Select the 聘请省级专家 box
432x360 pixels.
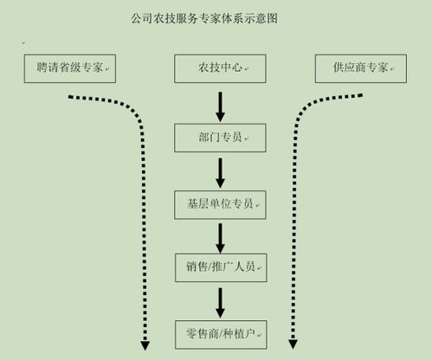(x=69, y=67)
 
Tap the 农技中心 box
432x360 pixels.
(x=219, y=67)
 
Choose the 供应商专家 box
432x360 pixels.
(x=360, y=67)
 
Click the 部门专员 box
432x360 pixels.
(x=219, y=137)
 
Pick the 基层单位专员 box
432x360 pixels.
(x=219, y=203)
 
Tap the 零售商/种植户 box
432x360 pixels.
(x=219, y=332)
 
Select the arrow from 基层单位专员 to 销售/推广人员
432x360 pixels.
(x=220, y=235)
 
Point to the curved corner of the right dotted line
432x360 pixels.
(x=305, y=108)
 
